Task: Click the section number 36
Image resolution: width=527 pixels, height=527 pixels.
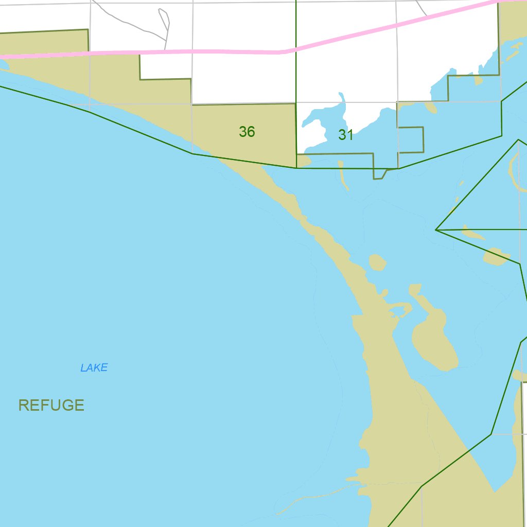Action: [x=247, y=132]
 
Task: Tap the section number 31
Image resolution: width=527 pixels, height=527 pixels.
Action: [x=346, y=135]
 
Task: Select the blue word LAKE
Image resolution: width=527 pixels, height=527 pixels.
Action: [x=94, y=367]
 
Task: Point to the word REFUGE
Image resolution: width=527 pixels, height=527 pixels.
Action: [x=51, y=405]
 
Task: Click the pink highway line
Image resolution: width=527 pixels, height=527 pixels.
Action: [x=154, y=52]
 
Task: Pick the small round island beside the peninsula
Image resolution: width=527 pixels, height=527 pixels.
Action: [x=378, y=263]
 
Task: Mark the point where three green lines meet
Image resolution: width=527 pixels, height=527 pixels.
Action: [x=436, y=230]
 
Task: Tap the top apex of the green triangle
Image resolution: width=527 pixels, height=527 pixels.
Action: [x=518, y=139]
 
